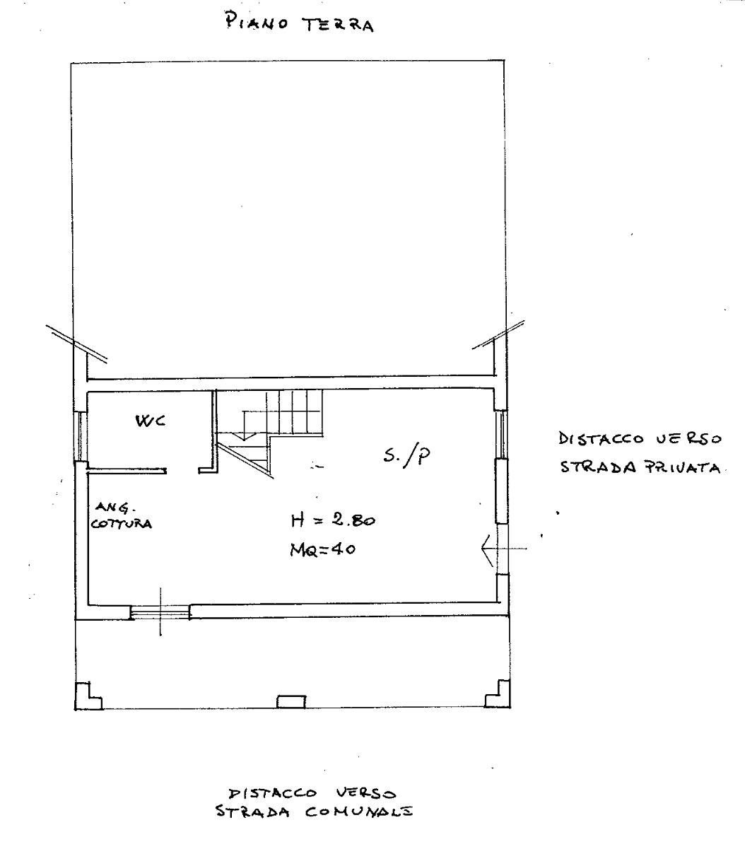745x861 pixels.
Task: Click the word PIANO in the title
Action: (257, 22)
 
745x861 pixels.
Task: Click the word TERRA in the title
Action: (338, 25)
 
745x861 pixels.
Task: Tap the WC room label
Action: (151, 421)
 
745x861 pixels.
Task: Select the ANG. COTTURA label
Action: (121, 516)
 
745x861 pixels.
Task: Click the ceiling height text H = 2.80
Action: (333, 520)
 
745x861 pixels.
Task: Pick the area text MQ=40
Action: (323, 550)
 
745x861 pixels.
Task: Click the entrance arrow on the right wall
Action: (504, 549)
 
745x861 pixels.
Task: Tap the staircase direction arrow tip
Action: (245, 440)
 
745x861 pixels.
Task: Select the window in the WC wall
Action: (81, 436)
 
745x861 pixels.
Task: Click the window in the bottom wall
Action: (160, 612)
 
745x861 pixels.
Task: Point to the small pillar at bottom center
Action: (291, 701)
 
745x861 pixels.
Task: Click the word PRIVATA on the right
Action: (682, 468)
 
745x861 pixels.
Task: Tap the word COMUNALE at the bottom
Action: (358, 812)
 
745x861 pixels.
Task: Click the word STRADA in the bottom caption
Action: (252, 812)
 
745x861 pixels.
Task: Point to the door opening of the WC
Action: (182, 471)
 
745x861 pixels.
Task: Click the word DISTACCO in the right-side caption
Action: (601, 438)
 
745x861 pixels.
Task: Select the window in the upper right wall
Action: (502, 434)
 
